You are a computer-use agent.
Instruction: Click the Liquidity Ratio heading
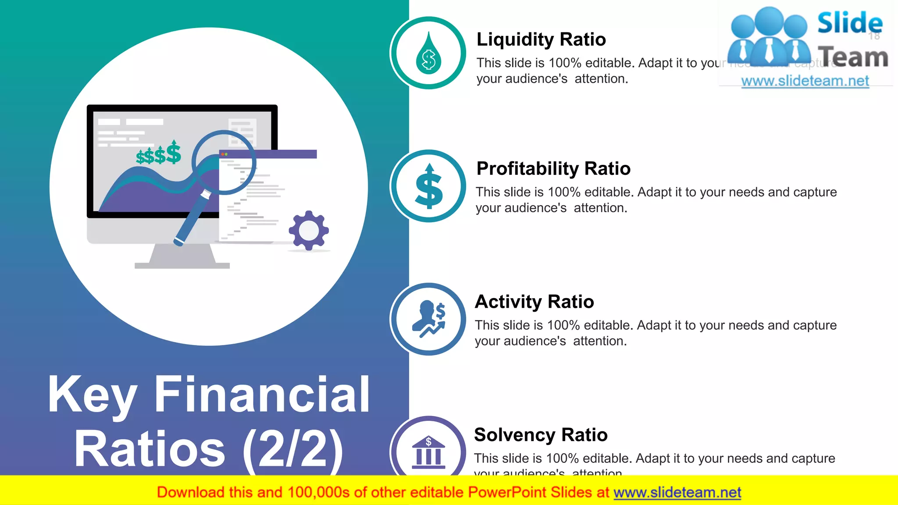click(541, 39)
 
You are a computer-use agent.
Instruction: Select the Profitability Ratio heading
click(553, 169)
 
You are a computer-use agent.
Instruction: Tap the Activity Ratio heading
click(534, 302)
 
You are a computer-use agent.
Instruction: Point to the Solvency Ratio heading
click(541, 435)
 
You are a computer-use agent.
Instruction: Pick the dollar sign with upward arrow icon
click(429, 187)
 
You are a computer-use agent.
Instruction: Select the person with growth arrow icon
click(428, 319)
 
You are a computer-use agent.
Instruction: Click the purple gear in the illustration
click(309, 231)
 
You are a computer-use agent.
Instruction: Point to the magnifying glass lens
click(224, 162)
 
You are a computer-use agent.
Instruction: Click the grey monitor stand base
click(182, 265)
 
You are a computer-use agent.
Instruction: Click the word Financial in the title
click(262, 395)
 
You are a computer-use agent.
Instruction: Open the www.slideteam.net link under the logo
click(805, 81)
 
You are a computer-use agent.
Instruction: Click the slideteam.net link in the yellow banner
click(677, 493)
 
